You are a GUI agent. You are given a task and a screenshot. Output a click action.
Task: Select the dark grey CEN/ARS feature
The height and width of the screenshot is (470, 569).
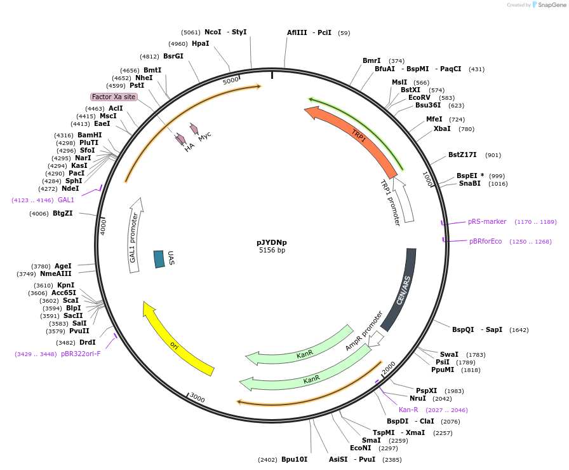click(x=404, y=289)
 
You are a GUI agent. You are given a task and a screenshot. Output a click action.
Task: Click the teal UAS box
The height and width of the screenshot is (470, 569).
click(x=159, y=259)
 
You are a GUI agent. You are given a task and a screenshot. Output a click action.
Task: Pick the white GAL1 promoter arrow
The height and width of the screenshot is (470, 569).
click(x=134, y=235)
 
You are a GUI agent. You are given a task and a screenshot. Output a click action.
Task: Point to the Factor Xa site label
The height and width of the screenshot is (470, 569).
click(x=114, y=97)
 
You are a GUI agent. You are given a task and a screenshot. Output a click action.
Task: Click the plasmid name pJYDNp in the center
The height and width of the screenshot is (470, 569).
click(x=272, y=242)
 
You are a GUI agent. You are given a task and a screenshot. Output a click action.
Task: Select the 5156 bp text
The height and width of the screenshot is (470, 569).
click(x=272, y=251)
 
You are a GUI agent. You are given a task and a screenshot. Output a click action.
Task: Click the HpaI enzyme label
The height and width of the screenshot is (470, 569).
click(x=200, y=43)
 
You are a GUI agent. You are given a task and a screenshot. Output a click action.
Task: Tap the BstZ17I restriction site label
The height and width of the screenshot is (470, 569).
click(x=462, y=155)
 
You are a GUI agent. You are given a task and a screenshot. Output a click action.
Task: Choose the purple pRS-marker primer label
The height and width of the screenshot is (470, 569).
click(x=487, y=222)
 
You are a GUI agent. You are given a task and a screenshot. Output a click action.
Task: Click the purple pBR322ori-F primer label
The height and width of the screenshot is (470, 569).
click(x=81, y=354)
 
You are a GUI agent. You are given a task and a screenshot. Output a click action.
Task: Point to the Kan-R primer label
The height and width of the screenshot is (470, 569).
click(x=408, y=410)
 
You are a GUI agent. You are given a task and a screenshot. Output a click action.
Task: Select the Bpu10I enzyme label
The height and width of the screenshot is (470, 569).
click(x=294, y=459)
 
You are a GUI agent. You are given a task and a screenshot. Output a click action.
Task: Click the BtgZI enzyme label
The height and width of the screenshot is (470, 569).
click(x=63, y=213)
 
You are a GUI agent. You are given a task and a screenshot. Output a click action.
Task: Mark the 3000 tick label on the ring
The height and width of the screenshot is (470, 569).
click(x=197, y=397)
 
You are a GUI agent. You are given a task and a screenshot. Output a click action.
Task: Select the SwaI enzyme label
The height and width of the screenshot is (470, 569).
click(x=449, y=354)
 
